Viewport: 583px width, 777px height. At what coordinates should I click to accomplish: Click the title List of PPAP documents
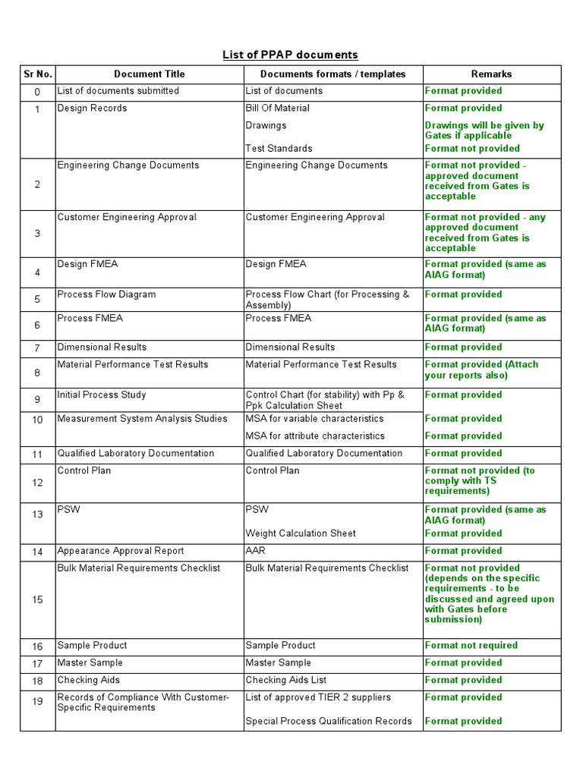pyautogui.click(x=290, y=55)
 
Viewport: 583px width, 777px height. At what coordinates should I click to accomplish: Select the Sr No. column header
pyautogui.click(x=37, y=74)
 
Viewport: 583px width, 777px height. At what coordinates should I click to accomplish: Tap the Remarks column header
pyautogui.click(x=491, y=74)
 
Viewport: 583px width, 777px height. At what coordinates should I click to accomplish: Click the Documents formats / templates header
pyautogui.click(x=332, y=74)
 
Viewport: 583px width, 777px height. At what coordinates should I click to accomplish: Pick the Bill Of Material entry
pyautogui.click(x=277, y=109)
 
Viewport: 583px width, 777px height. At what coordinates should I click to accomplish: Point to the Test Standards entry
pyautogui.click(x=279, y=149)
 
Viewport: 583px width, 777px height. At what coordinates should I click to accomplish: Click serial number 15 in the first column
pyautogui.click(x=37, y=599)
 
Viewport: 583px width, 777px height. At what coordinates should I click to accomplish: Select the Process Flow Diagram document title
pyautogui.click(x=106, y=294)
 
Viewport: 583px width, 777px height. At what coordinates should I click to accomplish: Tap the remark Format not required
pyautogui.click(x=471, y=646)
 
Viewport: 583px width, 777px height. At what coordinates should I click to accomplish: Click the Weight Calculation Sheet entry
pyautogui.click(x=301, y=533)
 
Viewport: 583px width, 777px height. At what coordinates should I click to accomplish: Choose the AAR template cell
pyautogui.click(x=256, y=551)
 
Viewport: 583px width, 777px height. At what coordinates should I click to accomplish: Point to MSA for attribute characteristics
pyautogui.click(x=315, y=436)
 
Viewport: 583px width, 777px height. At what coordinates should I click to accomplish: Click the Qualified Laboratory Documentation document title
pyautogui.click(x=136, y=454)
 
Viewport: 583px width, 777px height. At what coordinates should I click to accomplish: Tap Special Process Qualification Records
pyautogui.click(x=329, y=722)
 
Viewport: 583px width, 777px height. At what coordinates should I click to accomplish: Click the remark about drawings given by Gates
pyautogui.click(x=484, y=131)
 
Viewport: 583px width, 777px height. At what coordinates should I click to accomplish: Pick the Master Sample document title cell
pyautogui.click(x=88, y=663)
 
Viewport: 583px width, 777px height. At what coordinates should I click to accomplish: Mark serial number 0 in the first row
pyautogui.click(x=37, y=92)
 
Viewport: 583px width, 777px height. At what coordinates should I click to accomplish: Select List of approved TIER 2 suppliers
pyautogui.click(x=318, y=697)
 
